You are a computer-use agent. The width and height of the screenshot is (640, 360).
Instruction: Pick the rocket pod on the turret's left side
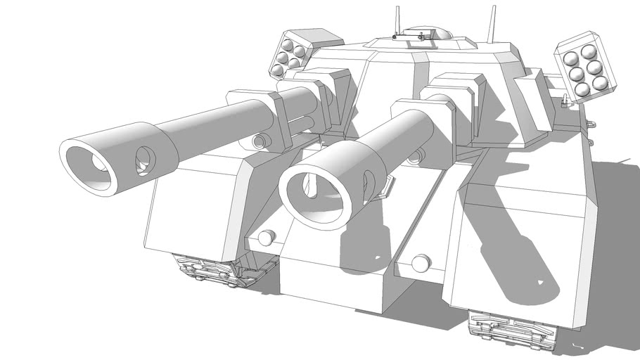pyautogui.click(x=292, y=52)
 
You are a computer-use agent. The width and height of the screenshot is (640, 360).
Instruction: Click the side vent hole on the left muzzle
pyautogui.click(x=144, y=161)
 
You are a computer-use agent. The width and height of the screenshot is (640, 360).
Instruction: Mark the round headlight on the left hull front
pyautogui.click(x=266, y=237)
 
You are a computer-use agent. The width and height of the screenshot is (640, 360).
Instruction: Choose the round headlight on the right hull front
pyautogui.click(x=420, y=264)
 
